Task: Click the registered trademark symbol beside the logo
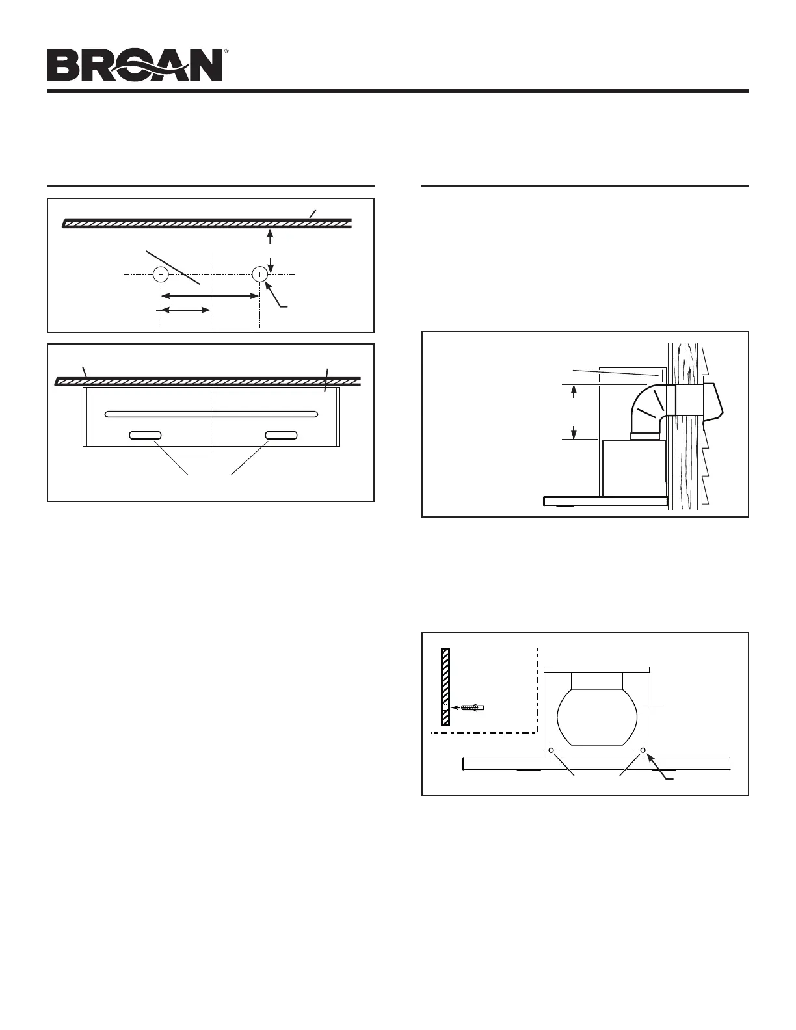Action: point(226,50)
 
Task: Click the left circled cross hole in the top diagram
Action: point(161,275)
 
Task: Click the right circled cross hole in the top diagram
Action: point(259,275)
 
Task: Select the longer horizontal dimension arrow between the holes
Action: point(210,296)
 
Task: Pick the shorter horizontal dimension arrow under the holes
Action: point(185,310)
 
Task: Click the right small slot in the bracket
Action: point(281,435)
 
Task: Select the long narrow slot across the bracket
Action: point(211,414)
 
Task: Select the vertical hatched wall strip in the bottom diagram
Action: point(445,686)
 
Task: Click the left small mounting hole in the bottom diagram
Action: point(551,750)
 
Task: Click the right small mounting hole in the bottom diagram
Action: point(643,750)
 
